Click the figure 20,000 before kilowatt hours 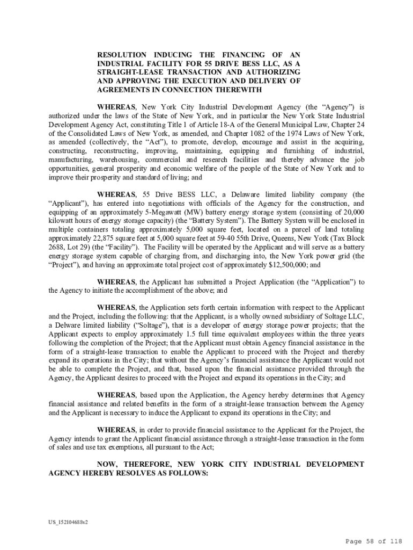352,212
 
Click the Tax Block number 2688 57,247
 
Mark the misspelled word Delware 65,325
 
